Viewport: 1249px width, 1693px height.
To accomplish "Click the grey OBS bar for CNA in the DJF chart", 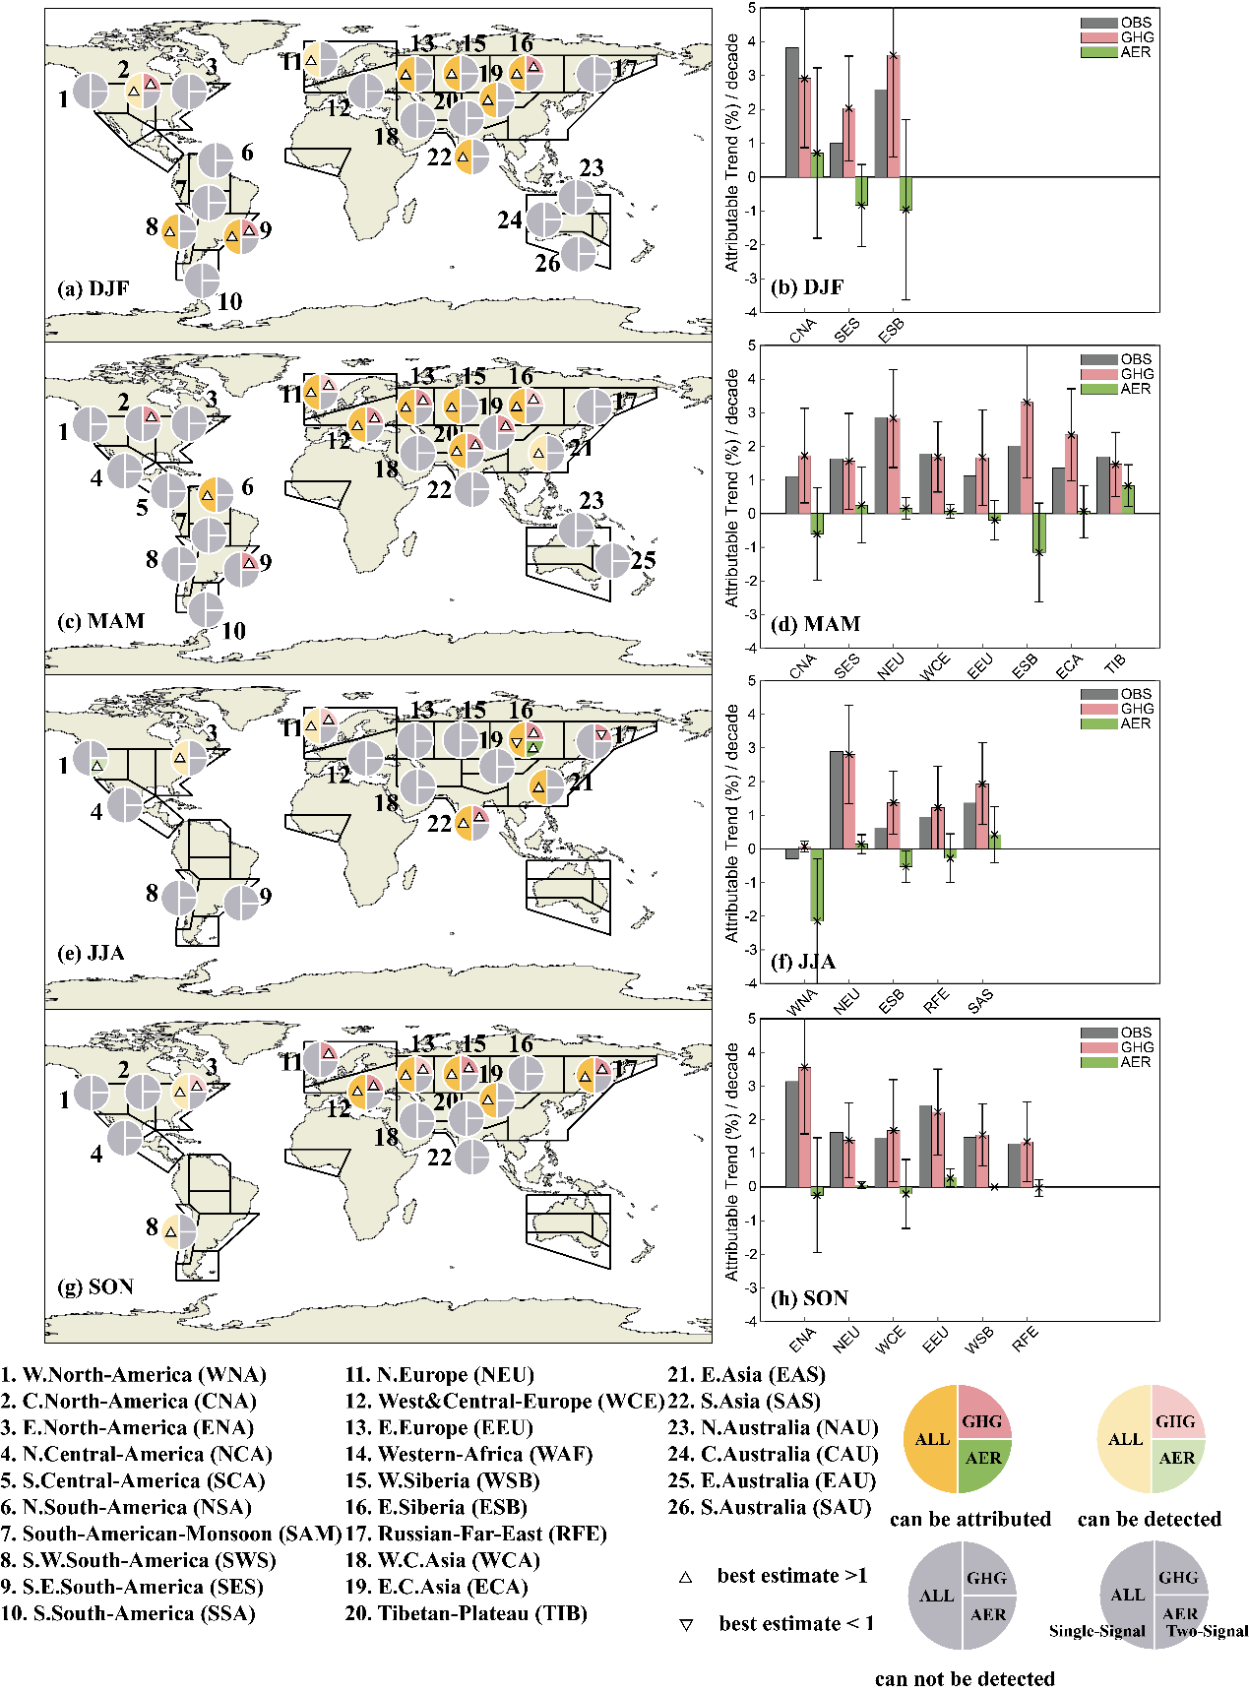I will coord(791,112).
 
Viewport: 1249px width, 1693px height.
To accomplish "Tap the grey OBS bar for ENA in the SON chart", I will coord(791,1134).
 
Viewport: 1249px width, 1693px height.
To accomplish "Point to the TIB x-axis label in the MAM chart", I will coord(1114,663).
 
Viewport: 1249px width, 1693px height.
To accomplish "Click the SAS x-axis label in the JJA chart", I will coord(980,1001).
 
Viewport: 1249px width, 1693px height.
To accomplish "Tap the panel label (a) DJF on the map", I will coord(94,288).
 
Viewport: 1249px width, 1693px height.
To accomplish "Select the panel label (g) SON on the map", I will coord(96,1286).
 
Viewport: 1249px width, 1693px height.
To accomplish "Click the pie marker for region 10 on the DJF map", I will coord(203,281).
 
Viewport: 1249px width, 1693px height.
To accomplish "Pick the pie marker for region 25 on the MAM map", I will coord(612,560).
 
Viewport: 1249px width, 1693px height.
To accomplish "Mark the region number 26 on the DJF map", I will coord(547,264).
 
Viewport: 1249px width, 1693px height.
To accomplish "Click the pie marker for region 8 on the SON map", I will coord(179,1231).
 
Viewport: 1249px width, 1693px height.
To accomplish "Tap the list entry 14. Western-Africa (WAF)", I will coord(468,1454).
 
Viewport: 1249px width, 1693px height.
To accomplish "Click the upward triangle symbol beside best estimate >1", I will coord(685,1577).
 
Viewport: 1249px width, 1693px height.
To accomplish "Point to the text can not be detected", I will coord(965,1678).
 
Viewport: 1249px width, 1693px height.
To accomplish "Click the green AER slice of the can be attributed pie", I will coord(982,1458).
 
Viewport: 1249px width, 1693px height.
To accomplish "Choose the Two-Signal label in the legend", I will coord(1207,1631).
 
